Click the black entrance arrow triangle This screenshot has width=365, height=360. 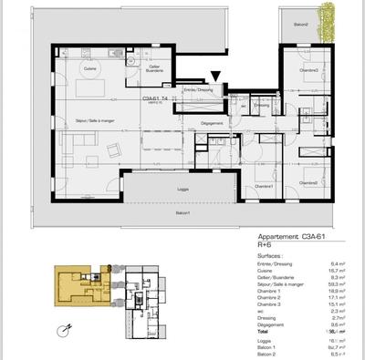pos(215,80)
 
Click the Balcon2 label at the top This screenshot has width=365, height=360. pos(300,25)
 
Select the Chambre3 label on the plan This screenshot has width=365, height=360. pos(308,70)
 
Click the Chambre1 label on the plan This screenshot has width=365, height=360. pos(264,185)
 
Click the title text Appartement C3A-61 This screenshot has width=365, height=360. pos(291,235)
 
